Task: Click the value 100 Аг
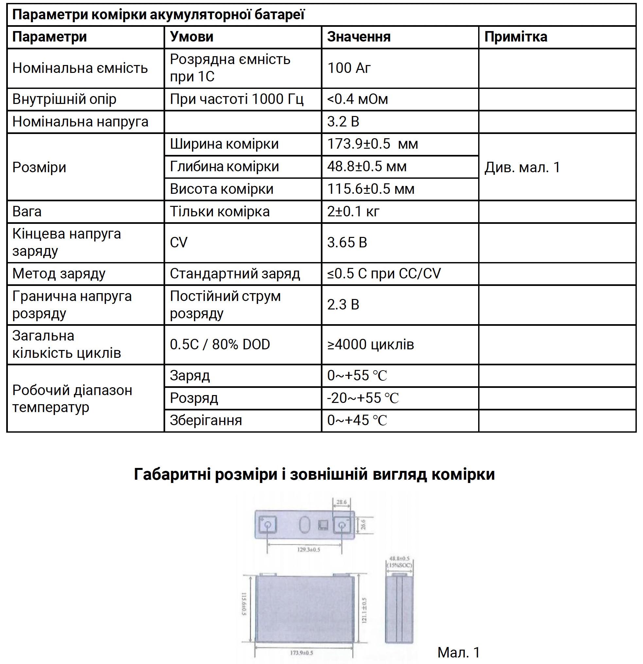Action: point(349,68)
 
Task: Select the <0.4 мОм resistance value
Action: point(357,99)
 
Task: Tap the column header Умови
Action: point(192,37)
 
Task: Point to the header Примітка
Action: point(515,37)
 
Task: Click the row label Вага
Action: point(27,212)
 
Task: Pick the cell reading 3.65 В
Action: point(347,242)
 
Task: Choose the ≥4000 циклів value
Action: point(370,344)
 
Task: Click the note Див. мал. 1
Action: point(522,167)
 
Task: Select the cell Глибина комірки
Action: point(224,167)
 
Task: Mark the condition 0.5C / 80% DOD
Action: point(220,344)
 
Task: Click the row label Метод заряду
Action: point(59,274)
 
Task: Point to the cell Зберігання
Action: point(206,421)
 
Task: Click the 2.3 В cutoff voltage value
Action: point(343,305)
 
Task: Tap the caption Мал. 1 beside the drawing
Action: point(459,652)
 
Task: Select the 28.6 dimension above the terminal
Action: point(341,502)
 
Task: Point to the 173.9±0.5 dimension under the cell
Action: point(302,653)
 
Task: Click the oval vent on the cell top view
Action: point(304,525)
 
